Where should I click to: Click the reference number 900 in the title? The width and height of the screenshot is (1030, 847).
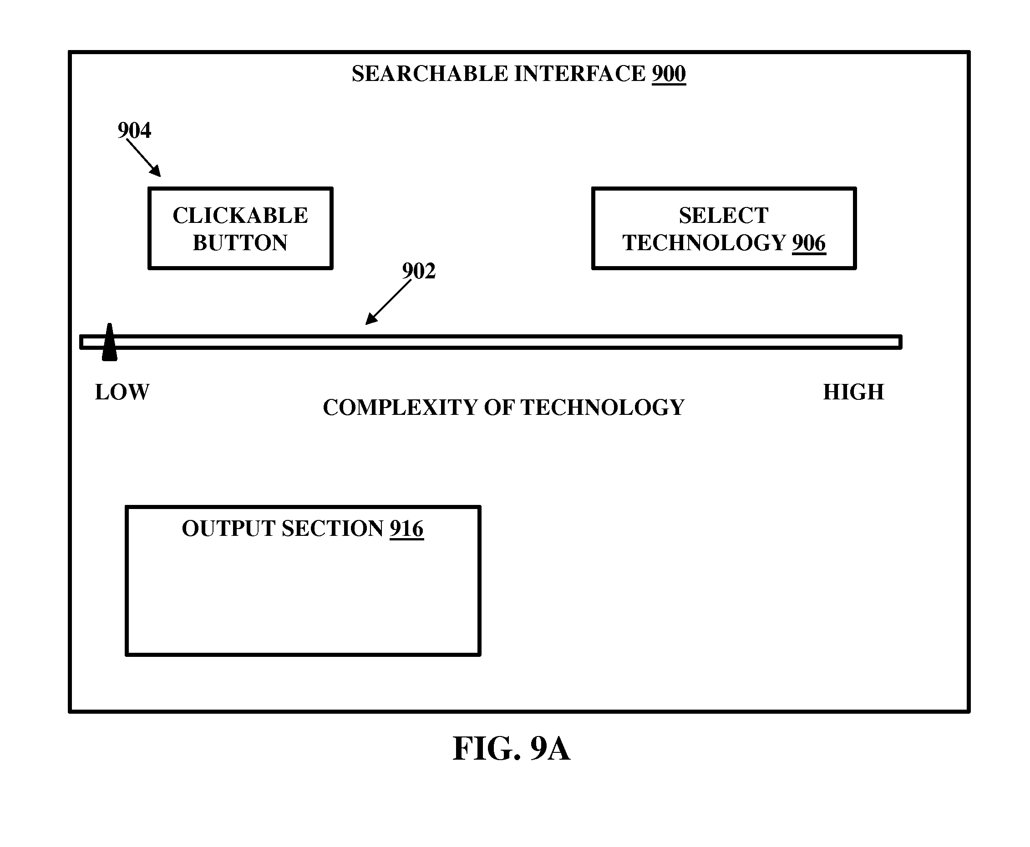668,74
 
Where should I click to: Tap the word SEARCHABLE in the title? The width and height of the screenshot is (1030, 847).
430,74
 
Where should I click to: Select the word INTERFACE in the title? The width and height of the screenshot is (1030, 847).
580,74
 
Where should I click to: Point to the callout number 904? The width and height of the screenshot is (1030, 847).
134,130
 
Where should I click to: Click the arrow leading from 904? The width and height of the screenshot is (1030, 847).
143,157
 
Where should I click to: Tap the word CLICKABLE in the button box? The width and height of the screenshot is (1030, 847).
240,216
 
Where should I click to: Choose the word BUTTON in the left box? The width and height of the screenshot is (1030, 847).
240,243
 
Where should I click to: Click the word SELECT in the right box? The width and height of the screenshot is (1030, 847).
723,216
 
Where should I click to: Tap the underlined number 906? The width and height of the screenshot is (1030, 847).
808,243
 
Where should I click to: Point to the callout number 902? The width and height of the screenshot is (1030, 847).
419,271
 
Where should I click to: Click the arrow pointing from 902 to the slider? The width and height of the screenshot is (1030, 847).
389,302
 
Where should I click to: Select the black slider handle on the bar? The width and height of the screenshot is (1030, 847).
109,342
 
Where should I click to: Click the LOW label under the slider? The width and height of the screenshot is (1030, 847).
122,392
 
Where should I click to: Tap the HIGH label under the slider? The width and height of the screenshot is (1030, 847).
853,392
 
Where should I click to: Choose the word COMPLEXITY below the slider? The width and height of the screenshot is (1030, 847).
400,408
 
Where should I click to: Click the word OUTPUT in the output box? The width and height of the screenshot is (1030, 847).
228,529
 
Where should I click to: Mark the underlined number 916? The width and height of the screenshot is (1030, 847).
406,529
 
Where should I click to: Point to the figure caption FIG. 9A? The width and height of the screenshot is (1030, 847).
511,748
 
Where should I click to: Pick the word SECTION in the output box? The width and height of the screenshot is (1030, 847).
332,529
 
